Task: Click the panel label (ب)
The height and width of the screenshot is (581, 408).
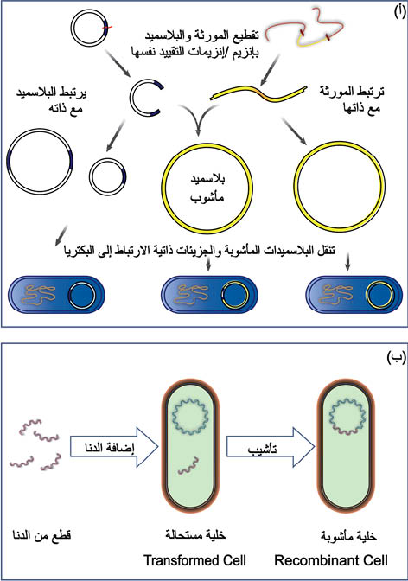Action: [396, 357]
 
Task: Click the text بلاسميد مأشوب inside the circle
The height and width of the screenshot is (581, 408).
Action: [207, 188]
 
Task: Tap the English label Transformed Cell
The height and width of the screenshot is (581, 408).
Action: [194, 560]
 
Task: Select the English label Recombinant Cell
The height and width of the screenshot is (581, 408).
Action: [331, 560]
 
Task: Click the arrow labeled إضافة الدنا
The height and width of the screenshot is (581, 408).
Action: [114, 446]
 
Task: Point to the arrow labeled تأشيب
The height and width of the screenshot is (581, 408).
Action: [271, 447]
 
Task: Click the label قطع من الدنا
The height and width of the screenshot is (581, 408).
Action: [41, 535]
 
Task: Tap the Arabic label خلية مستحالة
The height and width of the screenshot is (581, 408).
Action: [195, 534]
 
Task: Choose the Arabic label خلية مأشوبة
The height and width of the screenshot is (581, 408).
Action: [348, 536]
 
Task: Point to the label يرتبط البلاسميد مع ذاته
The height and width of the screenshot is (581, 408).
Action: [51, 100]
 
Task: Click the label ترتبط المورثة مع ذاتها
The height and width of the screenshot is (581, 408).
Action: [351, 99]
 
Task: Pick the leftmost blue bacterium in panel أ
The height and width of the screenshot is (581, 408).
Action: [56, 295]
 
